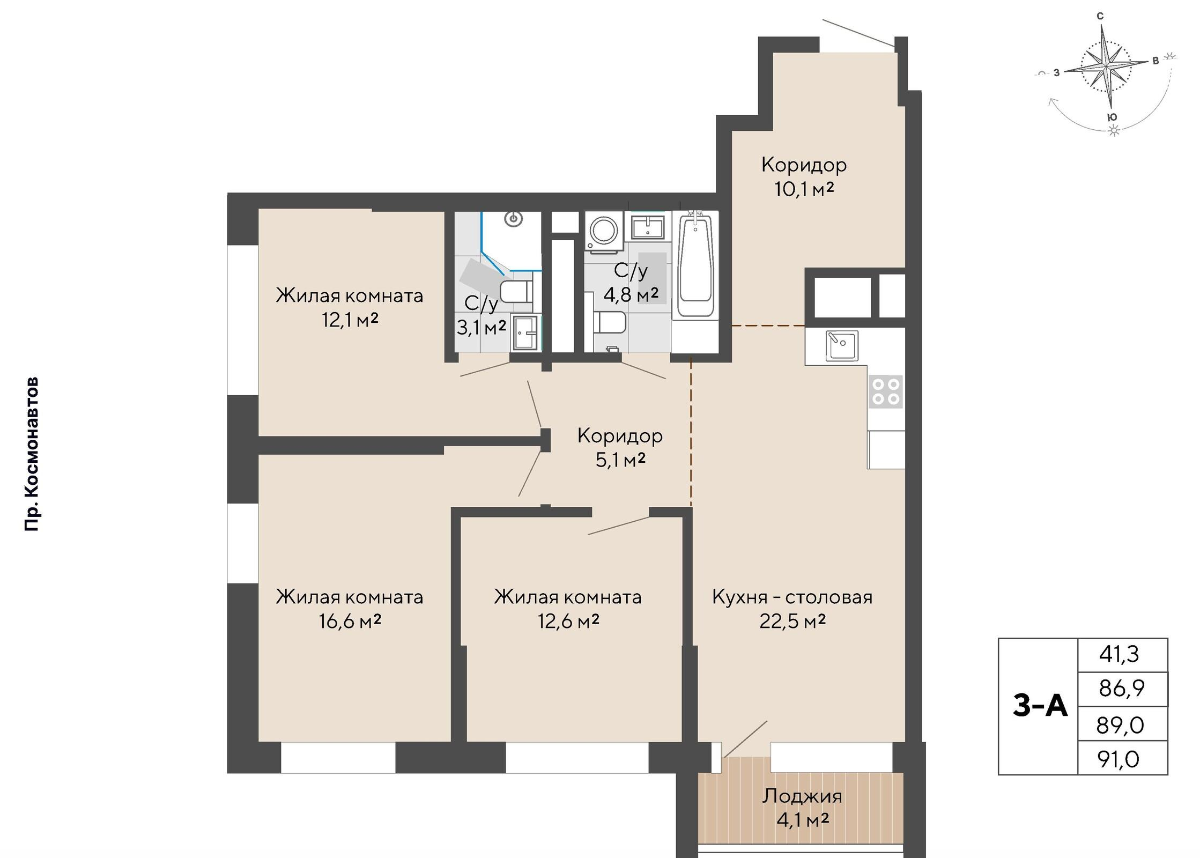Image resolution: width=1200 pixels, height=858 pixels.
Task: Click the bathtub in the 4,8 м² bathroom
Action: (695, 266)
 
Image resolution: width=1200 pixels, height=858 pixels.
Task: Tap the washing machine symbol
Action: (604, 232)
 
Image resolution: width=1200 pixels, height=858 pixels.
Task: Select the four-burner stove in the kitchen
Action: (886, 391)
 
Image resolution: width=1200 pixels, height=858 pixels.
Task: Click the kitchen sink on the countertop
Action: (842, 345)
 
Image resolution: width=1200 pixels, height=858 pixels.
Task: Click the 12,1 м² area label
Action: (350, 321)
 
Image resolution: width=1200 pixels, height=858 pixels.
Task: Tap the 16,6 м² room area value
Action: (350, 622)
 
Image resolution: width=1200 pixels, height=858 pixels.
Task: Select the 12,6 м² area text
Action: (568, 622)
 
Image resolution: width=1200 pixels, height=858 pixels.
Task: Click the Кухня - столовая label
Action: (792, 597)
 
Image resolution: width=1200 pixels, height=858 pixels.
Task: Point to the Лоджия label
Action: (802, 796)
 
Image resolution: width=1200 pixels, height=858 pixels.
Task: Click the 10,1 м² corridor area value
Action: (804, 189)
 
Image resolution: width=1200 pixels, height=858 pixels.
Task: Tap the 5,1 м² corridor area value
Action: (620, 460)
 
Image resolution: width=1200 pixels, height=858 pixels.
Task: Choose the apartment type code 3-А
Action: (1040, 705)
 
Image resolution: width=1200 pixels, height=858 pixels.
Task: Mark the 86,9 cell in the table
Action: (1122, 688)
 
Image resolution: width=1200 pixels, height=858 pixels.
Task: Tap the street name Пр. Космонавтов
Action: (32, 455)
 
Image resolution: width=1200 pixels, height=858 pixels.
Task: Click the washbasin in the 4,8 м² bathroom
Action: (648, 227)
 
